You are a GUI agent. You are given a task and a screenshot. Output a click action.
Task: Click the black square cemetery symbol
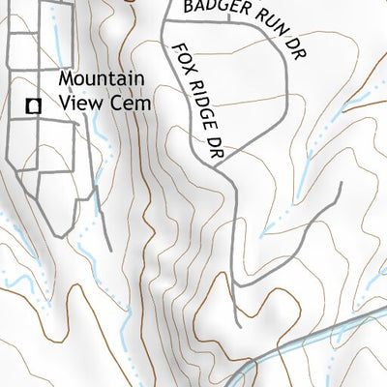tap(34, 106)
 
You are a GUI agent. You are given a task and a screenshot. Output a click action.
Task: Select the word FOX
tap(181, 59)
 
